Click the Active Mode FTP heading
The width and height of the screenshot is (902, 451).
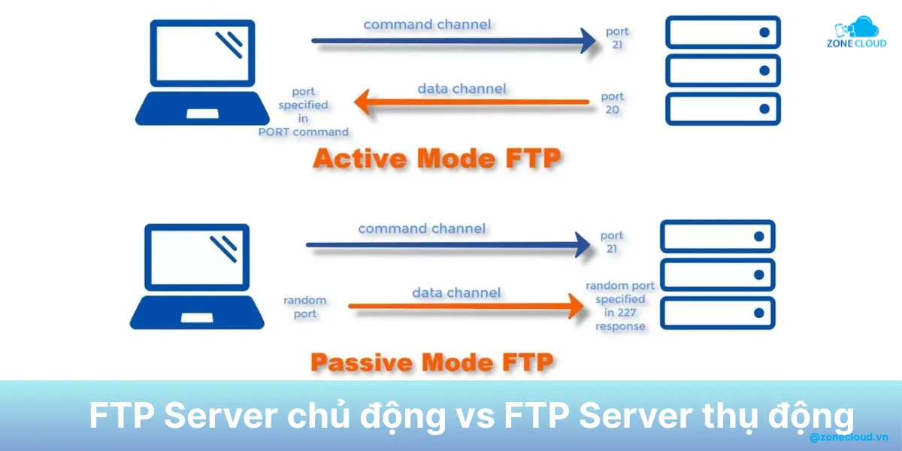437,159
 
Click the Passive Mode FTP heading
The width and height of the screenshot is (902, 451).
431,363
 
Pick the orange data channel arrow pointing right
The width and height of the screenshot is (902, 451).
466,306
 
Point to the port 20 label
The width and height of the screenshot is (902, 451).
613,103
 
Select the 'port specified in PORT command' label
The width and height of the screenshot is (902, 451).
303,112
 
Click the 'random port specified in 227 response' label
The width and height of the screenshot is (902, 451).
620,306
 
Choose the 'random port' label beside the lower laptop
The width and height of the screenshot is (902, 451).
304,307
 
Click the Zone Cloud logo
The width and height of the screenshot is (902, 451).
857,34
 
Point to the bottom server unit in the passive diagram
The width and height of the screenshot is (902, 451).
717,311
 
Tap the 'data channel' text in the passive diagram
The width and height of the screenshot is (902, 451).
456,292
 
